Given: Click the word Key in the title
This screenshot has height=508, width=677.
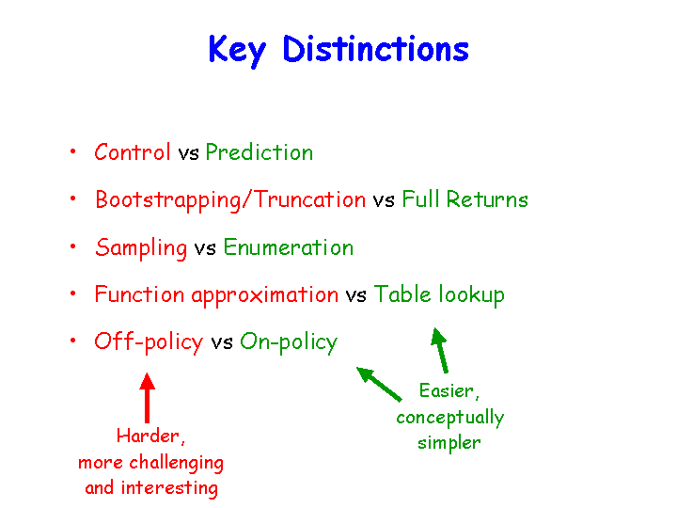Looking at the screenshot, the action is click(238, 51).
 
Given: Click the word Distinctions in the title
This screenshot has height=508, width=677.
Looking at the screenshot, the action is click(375, 48).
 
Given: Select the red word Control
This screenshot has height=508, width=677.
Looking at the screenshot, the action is click(133, 152).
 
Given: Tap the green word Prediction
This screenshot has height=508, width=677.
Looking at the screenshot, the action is click(260, 152).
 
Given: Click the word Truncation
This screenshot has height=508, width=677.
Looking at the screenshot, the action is click(309, 199).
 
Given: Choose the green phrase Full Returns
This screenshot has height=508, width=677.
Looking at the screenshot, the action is click(465, 199).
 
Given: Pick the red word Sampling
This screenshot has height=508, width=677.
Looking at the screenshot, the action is click(141, 248).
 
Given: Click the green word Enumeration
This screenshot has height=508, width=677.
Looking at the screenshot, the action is click(289, 247).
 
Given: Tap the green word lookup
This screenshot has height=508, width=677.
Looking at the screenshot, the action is click(471, 295).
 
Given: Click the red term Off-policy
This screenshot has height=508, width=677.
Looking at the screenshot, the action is click(149, 342).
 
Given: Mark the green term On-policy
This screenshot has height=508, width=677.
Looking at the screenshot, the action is click(289, 342).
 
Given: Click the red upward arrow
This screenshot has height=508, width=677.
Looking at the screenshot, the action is click(148, 398).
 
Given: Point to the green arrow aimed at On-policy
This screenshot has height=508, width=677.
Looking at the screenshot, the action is click(379, 384).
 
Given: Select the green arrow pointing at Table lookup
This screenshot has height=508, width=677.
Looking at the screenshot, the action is click(440, 350).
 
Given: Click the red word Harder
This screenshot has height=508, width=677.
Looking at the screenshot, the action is click(150, 436).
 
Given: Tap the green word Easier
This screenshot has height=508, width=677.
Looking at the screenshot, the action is click(449, 391).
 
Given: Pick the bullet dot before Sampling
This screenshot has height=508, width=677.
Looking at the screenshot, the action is click(73, 246).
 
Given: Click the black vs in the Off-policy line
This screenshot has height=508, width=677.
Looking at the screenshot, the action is click(222, 343).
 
